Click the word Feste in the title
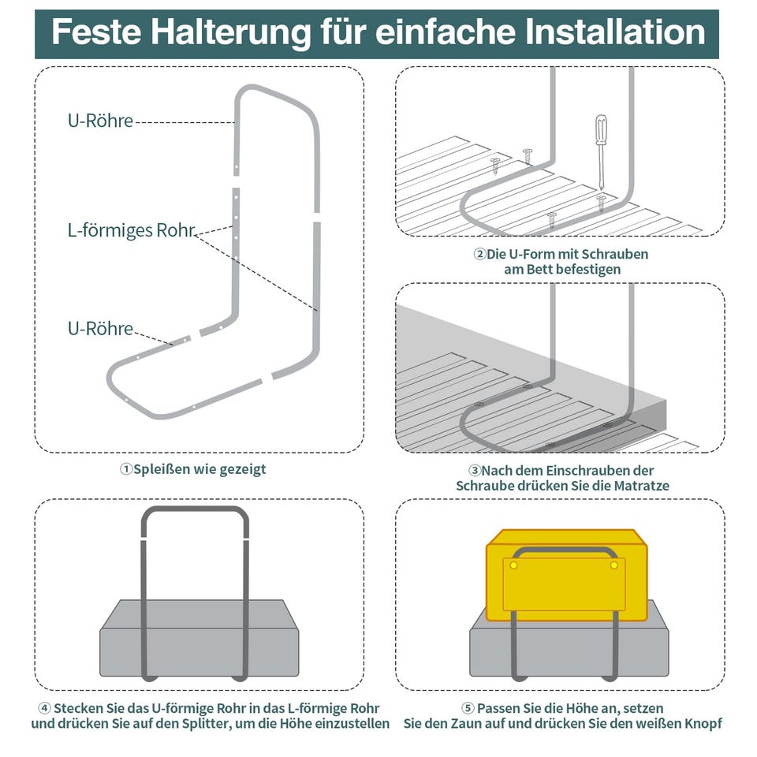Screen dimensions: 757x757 pos(95,33)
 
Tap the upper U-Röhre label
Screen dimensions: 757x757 pos(100,121)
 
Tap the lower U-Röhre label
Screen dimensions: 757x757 pos(100,329)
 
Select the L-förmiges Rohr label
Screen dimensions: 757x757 pos(130,231)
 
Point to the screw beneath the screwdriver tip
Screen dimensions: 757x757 pos(601,201)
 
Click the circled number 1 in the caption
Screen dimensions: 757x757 pos(125,469)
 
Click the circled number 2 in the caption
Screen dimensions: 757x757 pos(479,255)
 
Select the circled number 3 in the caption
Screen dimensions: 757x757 pos(475,471)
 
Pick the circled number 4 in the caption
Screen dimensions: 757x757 pos(44,707)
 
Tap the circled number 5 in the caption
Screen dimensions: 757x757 pos(468,707)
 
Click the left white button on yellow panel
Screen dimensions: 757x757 pos(514,565)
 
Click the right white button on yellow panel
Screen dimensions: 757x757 pos(612,565)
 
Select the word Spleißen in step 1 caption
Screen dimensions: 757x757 pos(163,469)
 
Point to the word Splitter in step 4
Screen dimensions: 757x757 pos(214,723)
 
